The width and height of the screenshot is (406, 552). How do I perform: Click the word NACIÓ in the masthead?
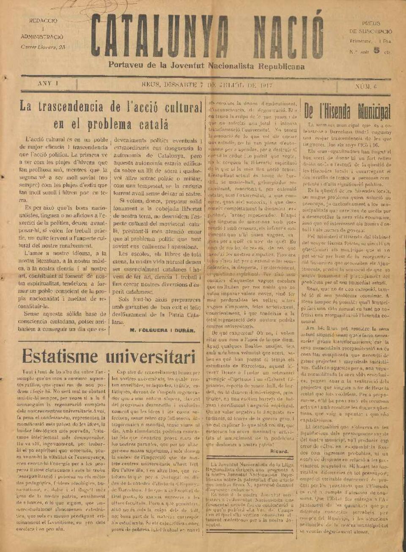pos(288,37)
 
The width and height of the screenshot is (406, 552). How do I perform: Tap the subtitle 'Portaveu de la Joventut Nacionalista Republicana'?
pos(206,66)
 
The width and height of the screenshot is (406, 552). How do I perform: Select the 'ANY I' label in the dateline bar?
pos(48,84)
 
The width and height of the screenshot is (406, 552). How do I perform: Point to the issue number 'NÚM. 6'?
pos(366,86)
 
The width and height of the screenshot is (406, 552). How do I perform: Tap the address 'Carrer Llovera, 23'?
pos(43,47)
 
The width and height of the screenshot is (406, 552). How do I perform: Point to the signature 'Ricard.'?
pos(279,451)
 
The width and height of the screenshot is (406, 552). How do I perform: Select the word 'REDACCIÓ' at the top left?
pos(43,21)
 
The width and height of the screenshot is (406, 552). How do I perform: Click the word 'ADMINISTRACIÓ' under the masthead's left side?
pos(43,37)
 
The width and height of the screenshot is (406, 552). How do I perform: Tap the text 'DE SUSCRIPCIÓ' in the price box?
pos(370,32)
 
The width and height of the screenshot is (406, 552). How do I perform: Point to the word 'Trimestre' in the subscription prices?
pos(360,41)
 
